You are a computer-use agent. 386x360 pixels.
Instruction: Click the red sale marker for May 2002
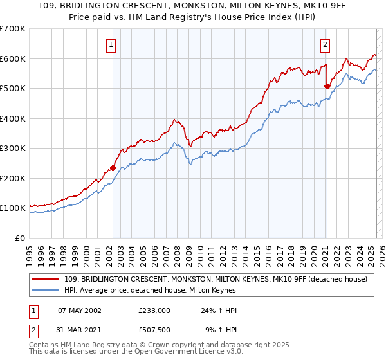tap(113, 168)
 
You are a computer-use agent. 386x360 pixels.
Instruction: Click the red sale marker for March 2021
tap(327, 86)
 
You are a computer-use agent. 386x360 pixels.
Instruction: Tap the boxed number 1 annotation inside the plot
tap(112, 45)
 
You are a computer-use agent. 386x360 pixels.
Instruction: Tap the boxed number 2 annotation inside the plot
tap(326, 45)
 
